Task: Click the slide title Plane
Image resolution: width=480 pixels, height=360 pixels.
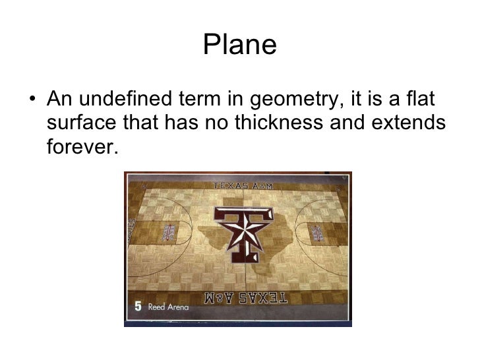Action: click(239, 45)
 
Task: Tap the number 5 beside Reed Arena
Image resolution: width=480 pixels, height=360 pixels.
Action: click(138, 306)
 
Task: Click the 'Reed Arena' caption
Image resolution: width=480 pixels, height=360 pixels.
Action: click(167, 307)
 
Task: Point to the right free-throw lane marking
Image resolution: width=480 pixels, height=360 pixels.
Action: click(316, 233)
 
